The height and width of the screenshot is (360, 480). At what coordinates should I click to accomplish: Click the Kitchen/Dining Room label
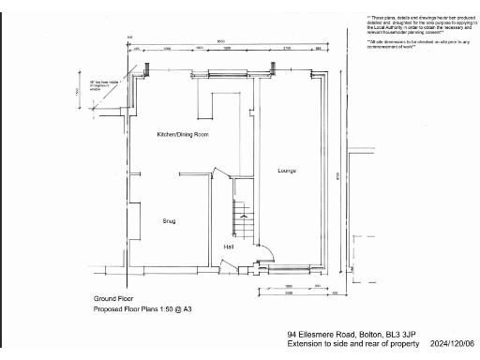[182, 135]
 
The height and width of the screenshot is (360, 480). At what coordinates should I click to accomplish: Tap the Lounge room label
[287, 171]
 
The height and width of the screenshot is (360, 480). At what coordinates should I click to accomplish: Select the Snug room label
[170, 221]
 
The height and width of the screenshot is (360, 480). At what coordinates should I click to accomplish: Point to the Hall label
[229, 247]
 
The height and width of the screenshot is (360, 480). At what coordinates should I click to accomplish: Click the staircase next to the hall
[243, 219]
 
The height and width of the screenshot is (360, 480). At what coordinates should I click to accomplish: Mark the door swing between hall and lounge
[262, 248]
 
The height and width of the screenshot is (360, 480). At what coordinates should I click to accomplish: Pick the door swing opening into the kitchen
[221, 176]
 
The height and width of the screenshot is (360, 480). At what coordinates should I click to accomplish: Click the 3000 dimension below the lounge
[289, 292]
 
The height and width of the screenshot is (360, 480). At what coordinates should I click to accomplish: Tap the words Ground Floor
[111, 298]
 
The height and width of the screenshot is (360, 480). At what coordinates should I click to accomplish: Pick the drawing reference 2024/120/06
[453, 344]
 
